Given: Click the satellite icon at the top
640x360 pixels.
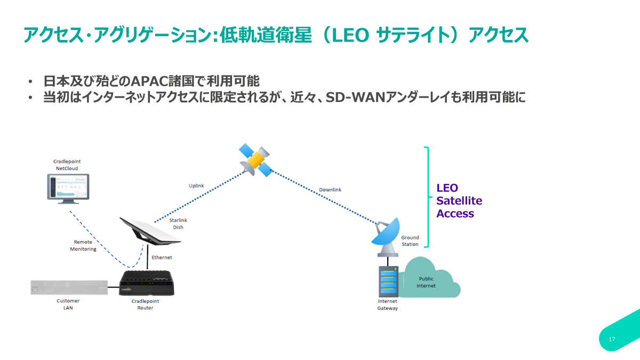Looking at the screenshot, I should click(x=255, y=159).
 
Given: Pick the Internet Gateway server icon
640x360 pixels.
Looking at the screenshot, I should click(x=388, y=283).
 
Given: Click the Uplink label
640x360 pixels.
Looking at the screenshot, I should click(x=196, y=186).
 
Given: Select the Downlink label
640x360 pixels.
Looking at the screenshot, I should click(x=330, y=190).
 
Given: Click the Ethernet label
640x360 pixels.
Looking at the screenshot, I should click(x=162, y=258).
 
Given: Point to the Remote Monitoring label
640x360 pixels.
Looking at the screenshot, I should click(x=83, y=245).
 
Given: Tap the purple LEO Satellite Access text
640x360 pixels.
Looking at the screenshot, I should click(x=459, y=201).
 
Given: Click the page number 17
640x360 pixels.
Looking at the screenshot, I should click(x=612, y=340).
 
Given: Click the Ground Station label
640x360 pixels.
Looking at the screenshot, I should click(x=410, y=241).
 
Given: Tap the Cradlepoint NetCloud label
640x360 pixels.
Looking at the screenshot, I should click(x=67, y=165).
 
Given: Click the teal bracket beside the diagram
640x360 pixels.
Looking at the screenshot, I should click(x=427, y=197).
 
